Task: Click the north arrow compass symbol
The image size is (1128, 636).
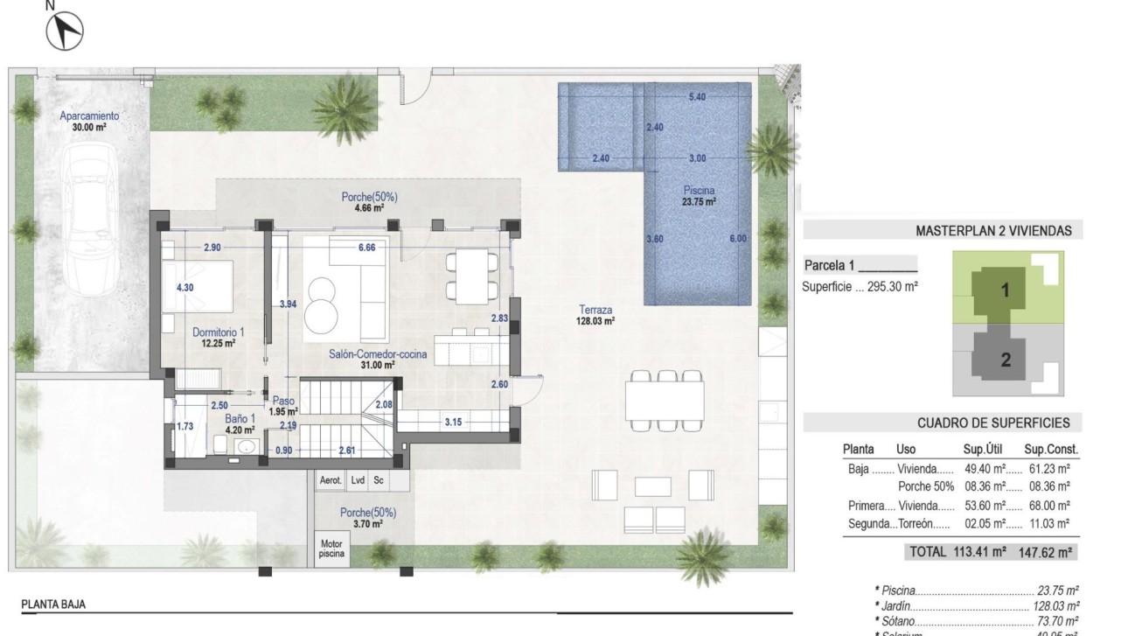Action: pos(64,32)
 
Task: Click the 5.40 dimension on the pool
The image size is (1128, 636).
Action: pos(697,97)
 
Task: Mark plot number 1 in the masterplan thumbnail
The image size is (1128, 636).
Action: pos(1005,292)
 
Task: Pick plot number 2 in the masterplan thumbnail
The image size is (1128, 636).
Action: pos(1005,359)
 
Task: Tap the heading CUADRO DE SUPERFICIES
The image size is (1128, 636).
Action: pos(993,423)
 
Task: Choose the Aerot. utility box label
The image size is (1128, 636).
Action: pos(331,480)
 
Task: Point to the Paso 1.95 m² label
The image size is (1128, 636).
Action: pos(283,406)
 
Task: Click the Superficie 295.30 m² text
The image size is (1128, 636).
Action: pos(860,286)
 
